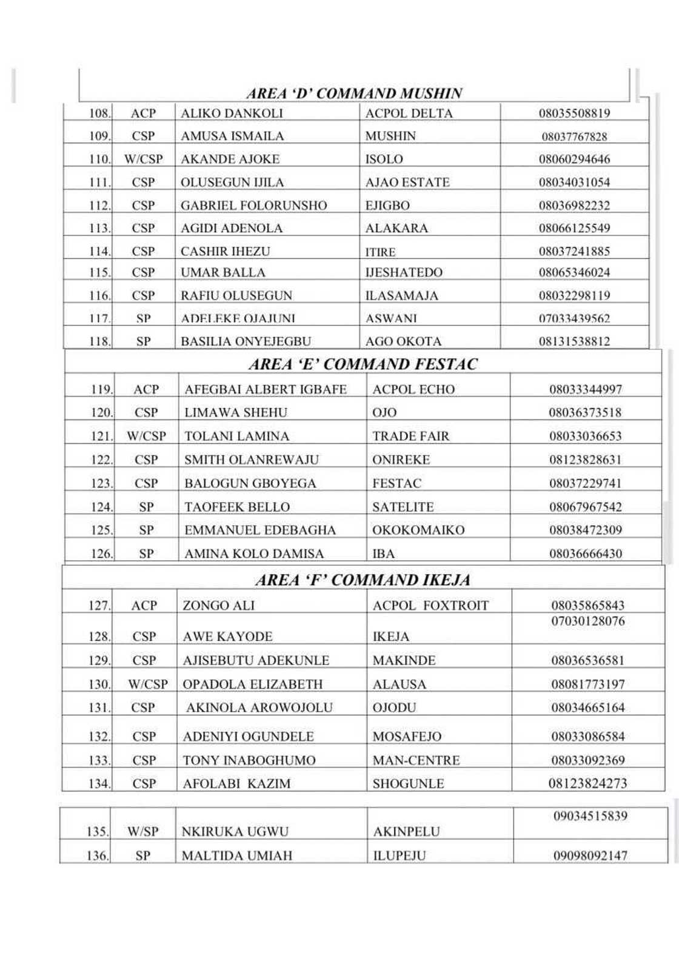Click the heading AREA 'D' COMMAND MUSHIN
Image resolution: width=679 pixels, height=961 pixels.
click(x=354, y=93)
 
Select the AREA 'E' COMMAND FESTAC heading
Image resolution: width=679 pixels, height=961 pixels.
click(x=363, y=364)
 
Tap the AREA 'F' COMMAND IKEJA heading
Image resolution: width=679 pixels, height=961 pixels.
click(x=363, y=580)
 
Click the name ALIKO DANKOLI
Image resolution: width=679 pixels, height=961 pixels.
click(x=232, y=113)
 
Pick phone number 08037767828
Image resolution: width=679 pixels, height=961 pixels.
click(x=574, y=136)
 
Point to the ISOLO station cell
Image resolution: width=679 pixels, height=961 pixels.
click(x=384, y=159)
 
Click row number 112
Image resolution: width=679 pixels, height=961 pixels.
click(x=99, y=206)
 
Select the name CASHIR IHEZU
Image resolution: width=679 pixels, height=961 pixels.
click(x=225, y=251)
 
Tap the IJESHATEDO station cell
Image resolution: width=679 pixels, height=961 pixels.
click(x=404, y=272)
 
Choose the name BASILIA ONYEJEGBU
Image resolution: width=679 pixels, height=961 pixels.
click(x=246, y=341)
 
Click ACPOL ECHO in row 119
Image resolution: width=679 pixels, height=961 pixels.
click(x=413, y=389)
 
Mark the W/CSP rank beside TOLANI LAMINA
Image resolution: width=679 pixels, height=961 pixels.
click(x=146, y=436)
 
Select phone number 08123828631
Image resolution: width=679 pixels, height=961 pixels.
click(x=585, y=460)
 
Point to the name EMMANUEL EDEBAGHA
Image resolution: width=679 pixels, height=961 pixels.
click(x=259, y=530)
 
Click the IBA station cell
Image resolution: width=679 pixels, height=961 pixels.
click(x=383, y=554)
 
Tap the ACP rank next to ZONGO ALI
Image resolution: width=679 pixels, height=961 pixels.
click(x=144, y=605)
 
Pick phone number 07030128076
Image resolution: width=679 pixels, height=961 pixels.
click(x=587, y=621)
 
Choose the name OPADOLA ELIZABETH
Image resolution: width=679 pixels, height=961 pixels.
click(x=252, y=684)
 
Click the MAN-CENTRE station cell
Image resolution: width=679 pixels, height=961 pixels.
click(x=416, y=760)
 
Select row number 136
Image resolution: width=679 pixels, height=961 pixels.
click(x=97, y=856)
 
